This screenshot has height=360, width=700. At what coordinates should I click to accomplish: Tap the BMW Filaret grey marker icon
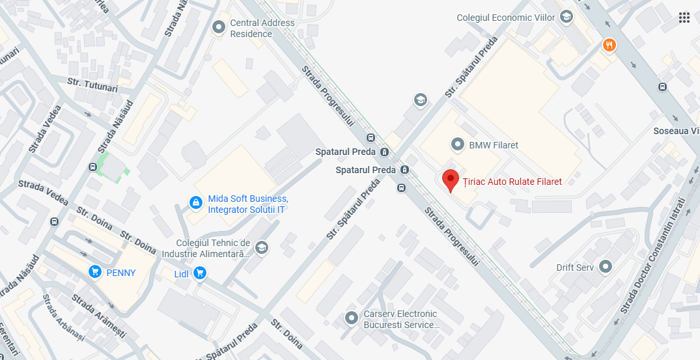point(458,145)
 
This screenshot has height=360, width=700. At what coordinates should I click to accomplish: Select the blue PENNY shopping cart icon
point(95,272)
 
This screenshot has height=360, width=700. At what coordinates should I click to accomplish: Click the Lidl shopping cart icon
point(200,274)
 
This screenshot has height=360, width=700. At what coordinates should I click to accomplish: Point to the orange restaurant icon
point(609,45)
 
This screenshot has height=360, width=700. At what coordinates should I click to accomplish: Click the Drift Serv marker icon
point(606,267)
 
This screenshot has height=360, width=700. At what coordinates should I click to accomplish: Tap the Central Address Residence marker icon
point(219,27)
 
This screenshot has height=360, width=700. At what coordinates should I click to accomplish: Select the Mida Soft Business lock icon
point(195,203)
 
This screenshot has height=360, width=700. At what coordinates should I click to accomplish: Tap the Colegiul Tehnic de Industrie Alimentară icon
point(261,247)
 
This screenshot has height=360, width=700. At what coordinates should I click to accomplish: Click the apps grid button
point(684,18)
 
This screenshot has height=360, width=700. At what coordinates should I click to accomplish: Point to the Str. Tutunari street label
point(92,85)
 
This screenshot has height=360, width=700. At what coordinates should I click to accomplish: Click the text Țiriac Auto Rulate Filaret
point(511,182)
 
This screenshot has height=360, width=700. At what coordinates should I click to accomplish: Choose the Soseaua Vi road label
point(677,132)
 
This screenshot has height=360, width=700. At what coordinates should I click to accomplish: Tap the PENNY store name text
point(121,273)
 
